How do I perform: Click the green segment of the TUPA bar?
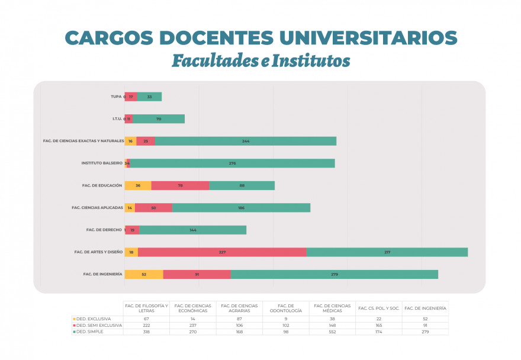(149, 97)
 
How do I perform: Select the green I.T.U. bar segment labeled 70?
(158, 119)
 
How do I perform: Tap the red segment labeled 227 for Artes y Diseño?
(222, 252)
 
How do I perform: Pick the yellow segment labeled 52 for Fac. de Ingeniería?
(144, 274)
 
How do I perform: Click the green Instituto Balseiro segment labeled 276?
(232, 163)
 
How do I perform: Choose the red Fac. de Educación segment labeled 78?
(180, 185)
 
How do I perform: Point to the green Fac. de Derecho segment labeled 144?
(193, 230)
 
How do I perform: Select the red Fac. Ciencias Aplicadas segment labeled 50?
(153, 208)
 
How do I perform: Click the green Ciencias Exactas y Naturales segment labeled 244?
(245, 141)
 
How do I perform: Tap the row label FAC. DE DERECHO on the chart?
(104, 230)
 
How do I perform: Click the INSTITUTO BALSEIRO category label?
(101, 163)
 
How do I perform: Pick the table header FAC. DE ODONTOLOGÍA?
(286, 308)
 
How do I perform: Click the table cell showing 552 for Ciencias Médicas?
(333, 332)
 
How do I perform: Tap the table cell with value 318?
(146, 332)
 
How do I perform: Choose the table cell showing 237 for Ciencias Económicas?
(193, 325)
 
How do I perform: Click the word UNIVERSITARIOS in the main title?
(366, 37)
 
